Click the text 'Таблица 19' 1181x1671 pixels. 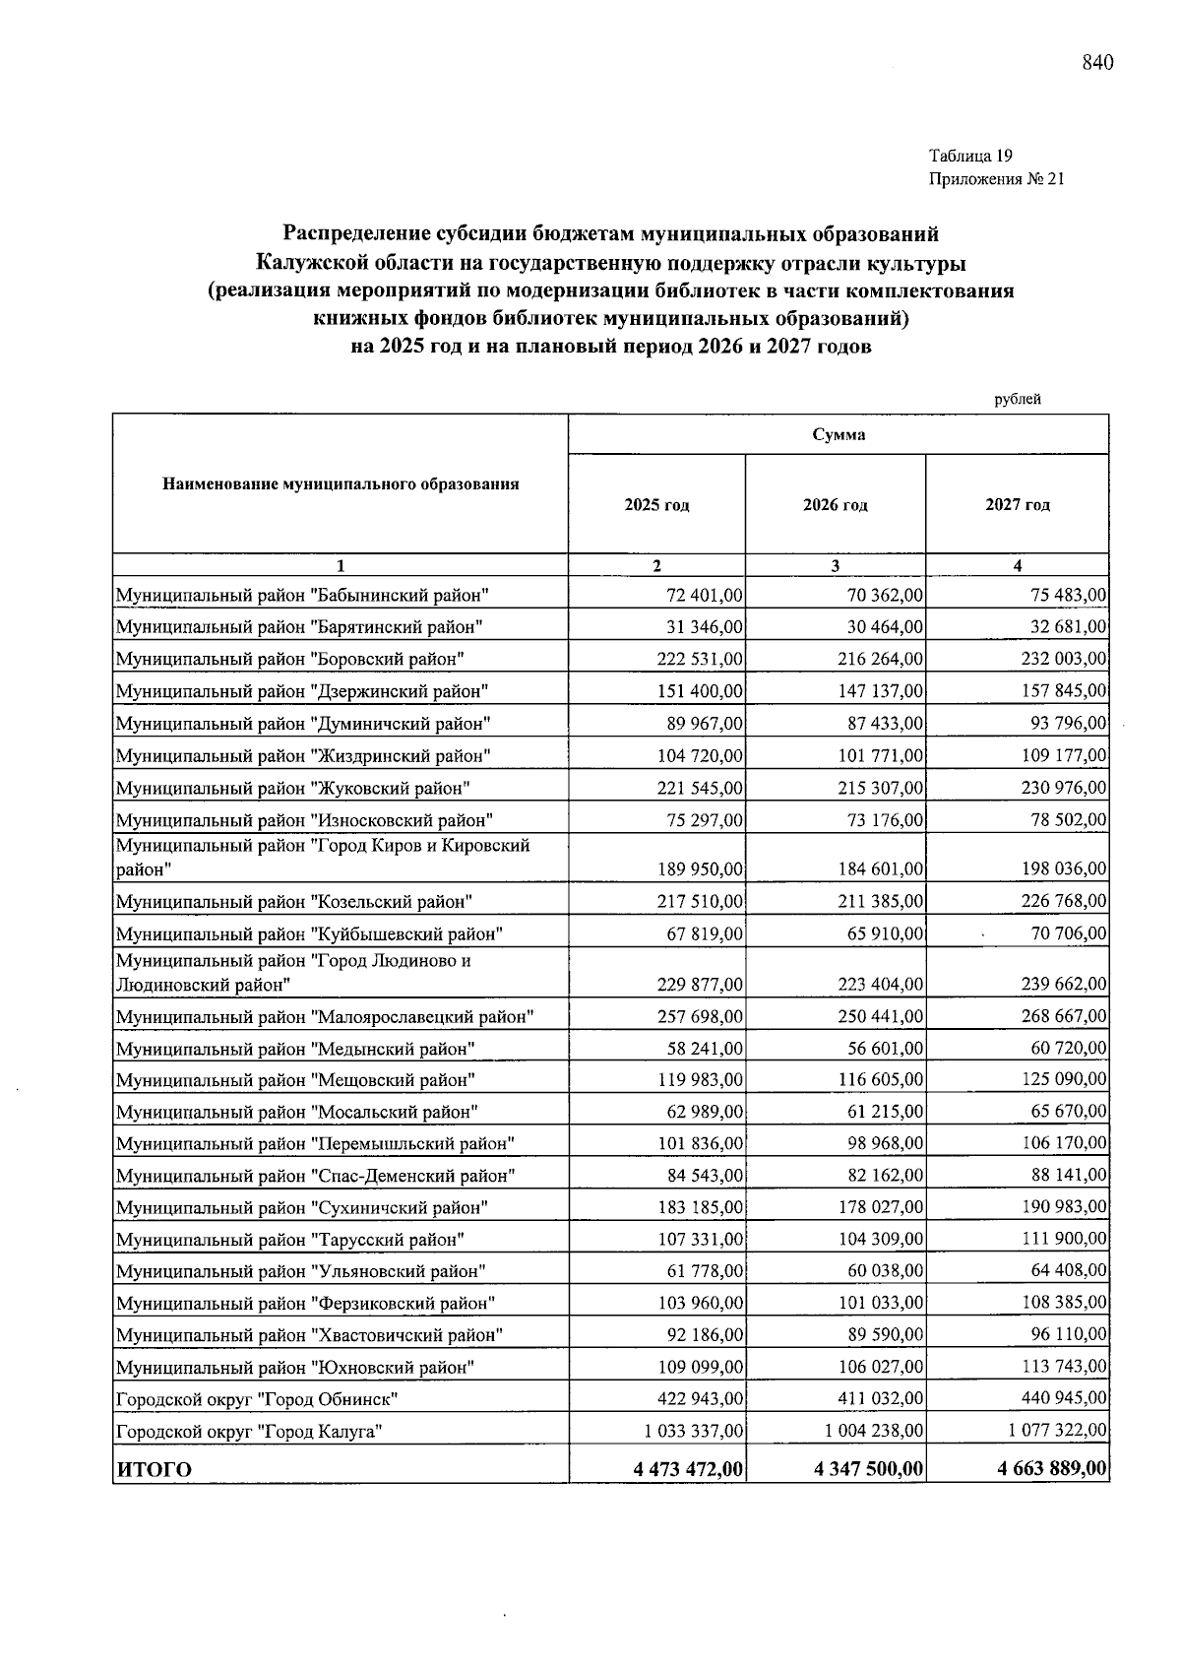tap(970, 156)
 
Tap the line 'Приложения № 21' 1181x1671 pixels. tap(996, 179)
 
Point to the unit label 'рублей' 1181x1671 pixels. tap(1017, 399)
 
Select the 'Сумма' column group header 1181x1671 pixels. tap(839, 435)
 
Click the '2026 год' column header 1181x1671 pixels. tap(835, 505)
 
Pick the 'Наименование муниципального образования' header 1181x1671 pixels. tap(341, 484)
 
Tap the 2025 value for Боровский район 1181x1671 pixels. tap(700, 659)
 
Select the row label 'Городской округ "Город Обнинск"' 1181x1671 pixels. tap(256, 1399)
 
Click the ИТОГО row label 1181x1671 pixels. tap(154, 1470)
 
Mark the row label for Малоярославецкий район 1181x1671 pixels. tap(325, 1016)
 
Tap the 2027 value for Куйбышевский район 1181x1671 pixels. tap(1068, 933)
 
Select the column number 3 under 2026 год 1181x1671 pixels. tap(835, 566)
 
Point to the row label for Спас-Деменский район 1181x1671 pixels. tap(315, 1176)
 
